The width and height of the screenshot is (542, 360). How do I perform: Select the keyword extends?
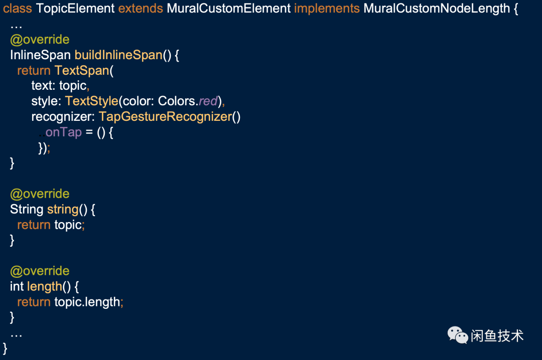[x=141, y=9]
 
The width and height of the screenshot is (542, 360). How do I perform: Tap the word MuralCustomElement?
[x=229, y=9]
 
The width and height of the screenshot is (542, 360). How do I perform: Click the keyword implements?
[x=327, y=9]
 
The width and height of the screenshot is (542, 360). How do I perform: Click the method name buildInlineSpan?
[x=118, y=55]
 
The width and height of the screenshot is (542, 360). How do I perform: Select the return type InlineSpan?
[x=40, y=55]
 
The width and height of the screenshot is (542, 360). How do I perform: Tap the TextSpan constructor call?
[x=82, y=71]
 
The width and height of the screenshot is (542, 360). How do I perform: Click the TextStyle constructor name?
[x=91, y=101]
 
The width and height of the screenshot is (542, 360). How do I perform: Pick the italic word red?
[x=208, y=101]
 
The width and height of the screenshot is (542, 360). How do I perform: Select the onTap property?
[x=63, y=132]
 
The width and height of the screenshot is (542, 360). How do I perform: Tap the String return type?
[x=27, y=210]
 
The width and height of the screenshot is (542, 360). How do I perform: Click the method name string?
[x=63, y=210]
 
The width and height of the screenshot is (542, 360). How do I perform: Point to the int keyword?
[x=17, y=287]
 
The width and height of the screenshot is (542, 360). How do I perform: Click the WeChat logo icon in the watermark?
[x=458, y=334]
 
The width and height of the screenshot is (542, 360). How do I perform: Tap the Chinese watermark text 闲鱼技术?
[x=497, y=335]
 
